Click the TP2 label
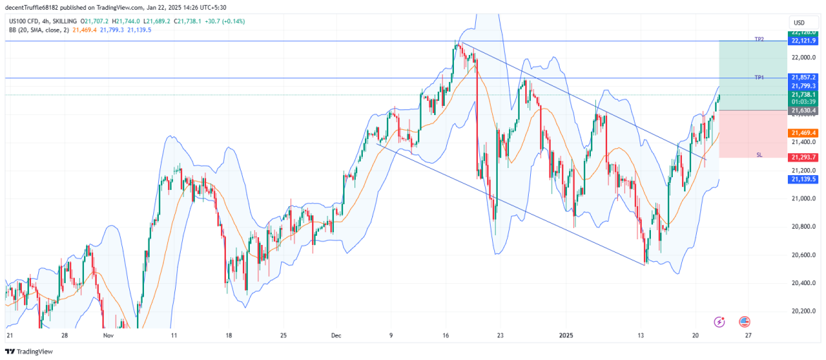click(x=759, y=40)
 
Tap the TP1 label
click(x=759, y=77)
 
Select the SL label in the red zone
click(x=759, y=154)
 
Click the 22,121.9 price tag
click(x=803, y=41)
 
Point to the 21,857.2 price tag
click(x=803, y=77)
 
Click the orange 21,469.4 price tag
click(x=803, y=133)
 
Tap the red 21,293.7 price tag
click(x=803, y=157)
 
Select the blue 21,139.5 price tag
click(x=803, y=180)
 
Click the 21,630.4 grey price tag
click(x=803, y=111)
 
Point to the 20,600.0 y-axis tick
click(x=803, y=255)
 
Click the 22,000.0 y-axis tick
click(x=803, y=58)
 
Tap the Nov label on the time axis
click(x=107, y=336)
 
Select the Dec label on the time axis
click(x=335, y=336)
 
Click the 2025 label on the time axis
click(x=568, y=336)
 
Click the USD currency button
click(x=799, y=23)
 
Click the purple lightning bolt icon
click(x=719, y=322)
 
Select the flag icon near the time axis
click(x=744, y=322)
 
